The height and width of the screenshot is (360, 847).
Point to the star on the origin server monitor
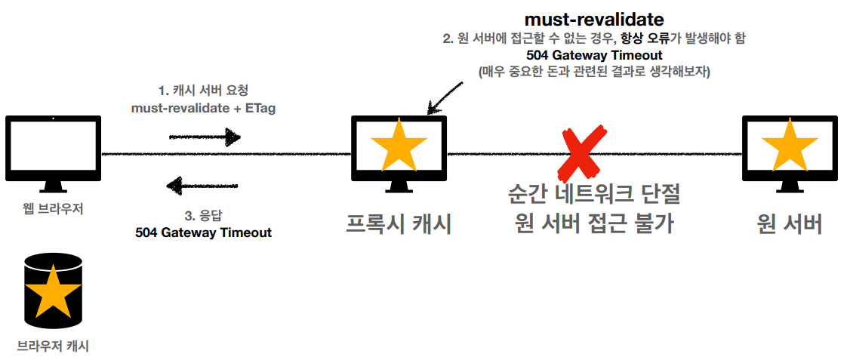click(790, 146)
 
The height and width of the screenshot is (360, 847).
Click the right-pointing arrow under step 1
click(204, 137)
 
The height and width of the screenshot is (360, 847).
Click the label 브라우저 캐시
click(53, 346)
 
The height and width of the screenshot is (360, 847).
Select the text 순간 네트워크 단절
click(595, 197)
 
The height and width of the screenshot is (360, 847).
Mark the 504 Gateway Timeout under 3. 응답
click(203, 232)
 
